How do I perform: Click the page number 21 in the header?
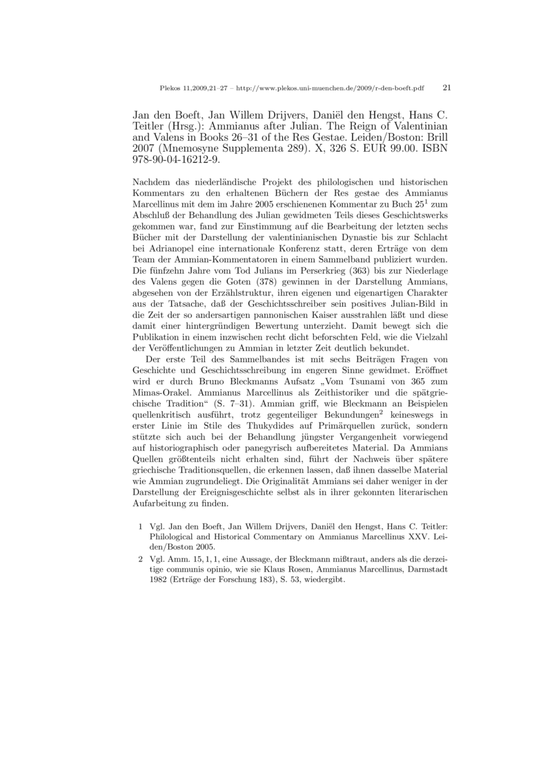(x=446, y=88)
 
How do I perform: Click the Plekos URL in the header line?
(x=330, y=89)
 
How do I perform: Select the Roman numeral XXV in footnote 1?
(x=393, y=534)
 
